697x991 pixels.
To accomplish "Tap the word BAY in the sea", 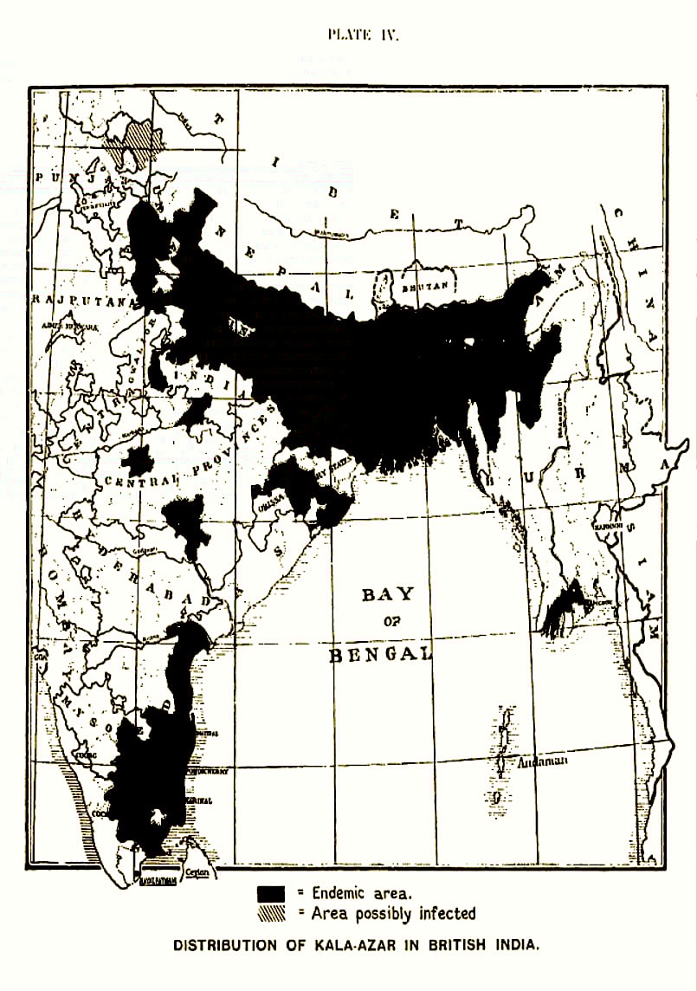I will click(x=387, y=594).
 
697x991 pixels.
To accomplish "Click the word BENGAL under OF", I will click(x=380, y=653).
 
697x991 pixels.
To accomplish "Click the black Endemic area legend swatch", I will click(x=270, y=892).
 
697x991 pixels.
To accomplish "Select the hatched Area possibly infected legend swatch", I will click(x=270, y=913).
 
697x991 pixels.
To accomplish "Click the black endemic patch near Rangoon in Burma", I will click(x=563, y=606).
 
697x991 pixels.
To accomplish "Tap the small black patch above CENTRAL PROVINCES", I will click(x=137, y=459).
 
